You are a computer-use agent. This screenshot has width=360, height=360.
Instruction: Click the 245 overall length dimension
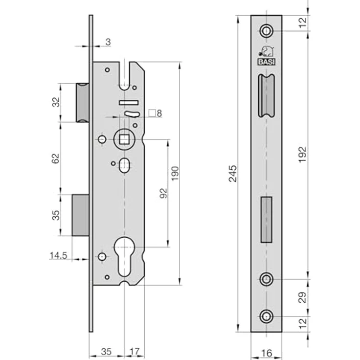tap(232, 174)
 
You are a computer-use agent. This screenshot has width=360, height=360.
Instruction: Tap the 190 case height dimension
tap(175, 174)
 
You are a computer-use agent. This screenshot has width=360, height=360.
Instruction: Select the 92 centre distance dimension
tap(163, 193)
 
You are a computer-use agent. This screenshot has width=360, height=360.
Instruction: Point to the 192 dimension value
tap(303, 155)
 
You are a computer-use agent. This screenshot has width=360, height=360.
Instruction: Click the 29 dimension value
tap(303, 297)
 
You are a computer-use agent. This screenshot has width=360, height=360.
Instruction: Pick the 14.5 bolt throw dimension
tap(58, 255)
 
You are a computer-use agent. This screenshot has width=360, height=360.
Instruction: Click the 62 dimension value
tap(55, 158)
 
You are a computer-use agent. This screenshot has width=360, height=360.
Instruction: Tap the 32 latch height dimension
tap(56, 102)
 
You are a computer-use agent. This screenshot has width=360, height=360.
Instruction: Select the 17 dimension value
tap(135, 352)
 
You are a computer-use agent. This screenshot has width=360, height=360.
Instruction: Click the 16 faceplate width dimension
tap(266, 353)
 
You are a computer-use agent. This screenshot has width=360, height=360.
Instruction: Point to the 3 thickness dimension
tap(108, 42)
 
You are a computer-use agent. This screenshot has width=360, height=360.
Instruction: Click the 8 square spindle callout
tap(156, 113)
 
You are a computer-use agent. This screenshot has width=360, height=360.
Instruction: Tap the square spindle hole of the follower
tap(124, 139)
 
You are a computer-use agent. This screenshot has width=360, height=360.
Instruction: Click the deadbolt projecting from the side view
tap(81, 215)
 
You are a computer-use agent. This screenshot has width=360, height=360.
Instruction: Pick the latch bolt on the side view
tap(83, 103)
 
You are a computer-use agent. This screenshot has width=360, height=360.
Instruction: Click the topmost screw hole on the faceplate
tap(266, 31)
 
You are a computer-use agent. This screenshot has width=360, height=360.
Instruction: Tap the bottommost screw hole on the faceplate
tap(266, 316)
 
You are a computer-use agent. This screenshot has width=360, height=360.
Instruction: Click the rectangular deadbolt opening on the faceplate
tap(267, 220)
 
